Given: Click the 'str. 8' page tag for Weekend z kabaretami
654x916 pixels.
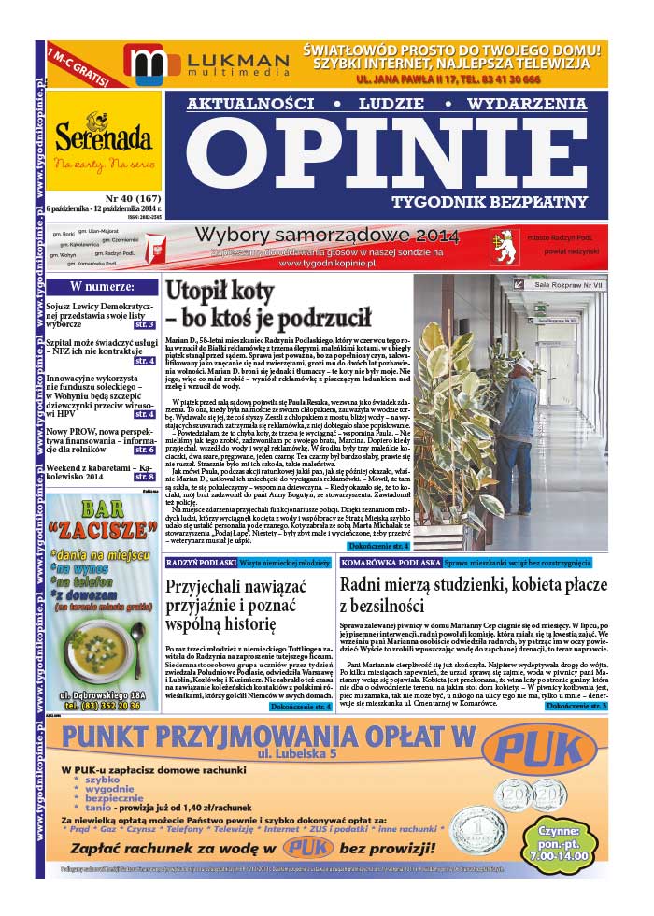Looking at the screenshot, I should click(x=145, y=477).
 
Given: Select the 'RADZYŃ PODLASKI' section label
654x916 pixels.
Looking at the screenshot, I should click(x=200, y=564).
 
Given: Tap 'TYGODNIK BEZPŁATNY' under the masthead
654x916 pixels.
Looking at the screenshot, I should click(x=503, y=201).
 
